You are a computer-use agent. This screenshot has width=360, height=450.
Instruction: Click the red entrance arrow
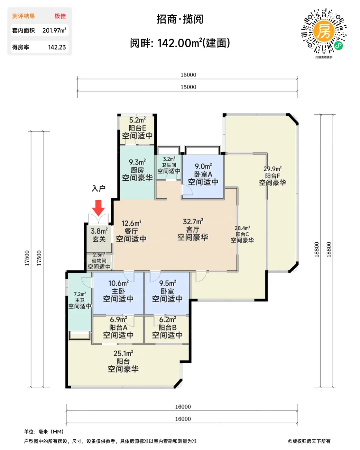[x=98, y=208]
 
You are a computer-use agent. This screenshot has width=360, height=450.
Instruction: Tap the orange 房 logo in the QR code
[x=324, y=32]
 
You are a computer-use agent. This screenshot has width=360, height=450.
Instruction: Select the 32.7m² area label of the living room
[x=193, y=221]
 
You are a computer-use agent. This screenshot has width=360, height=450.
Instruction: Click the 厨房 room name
[x=137, y=170]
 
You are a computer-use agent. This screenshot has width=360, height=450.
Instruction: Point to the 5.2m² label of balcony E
[x=137, y=120]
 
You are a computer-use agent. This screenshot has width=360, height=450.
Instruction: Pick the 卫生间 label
[x=169, y=165]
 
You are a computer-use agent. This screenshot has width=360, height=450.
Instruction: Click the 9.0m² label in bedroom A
[x=203, y=166]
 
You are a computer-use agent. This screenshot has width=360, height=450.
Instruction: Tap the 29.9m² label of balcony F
[x=272, y=168]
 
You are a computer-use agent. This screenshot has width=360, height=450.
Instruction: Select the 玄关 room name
[x=99, y=239]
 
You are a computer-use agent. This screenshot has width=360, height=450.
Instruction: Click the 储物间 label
[x=99, y=261]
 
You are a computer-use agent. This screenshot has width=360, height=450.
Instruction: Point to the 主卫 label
[x=80, y=300]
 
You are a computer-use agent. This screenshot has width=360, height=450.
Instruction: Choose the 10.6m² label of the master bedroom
[x=118, y=283]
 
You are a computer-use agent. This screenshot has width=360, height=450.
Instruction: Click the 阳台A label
[x=118, y=327]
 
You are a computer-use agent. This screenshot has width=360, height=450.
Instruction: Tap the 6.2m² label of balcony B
[x=167, y=319]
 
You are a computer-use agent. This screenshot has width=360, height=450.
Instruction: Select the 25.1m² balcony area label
[x=123, y=353]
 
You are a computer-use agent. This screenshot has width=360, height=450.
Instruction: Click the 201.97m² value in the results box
[x=54, y=31]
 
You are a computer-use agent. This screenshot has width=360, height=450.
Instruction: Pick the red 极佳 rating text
[x=60, y=16]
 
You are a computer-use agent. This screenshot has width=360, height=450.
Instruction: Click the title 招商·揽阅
[x=180, y=19]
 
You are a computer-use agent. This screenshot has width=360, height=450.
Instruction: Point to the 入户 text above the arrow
[x=98, y=188]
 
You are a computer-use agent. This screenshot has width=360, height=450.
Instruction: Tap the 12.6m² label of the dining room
[x=132, y=223]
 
